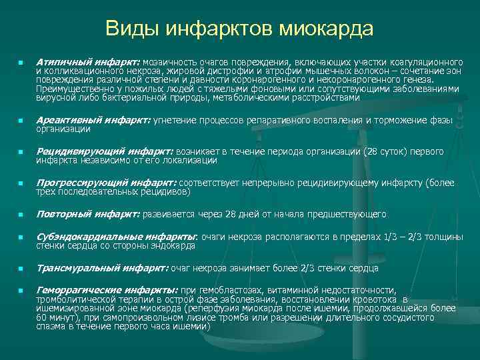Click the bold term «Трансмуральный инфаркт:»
(x=102, y=268)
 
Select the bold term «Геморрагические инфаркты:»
(x=107, y=291)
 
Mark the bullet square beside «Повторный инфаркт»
(x=21, y=215)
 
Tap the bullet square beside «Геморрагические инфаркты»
(x=21, y=291)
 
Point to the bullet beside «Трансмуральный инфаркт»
(x=21, y=269)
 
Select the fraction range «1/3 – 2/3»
(x=402, y=237)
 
